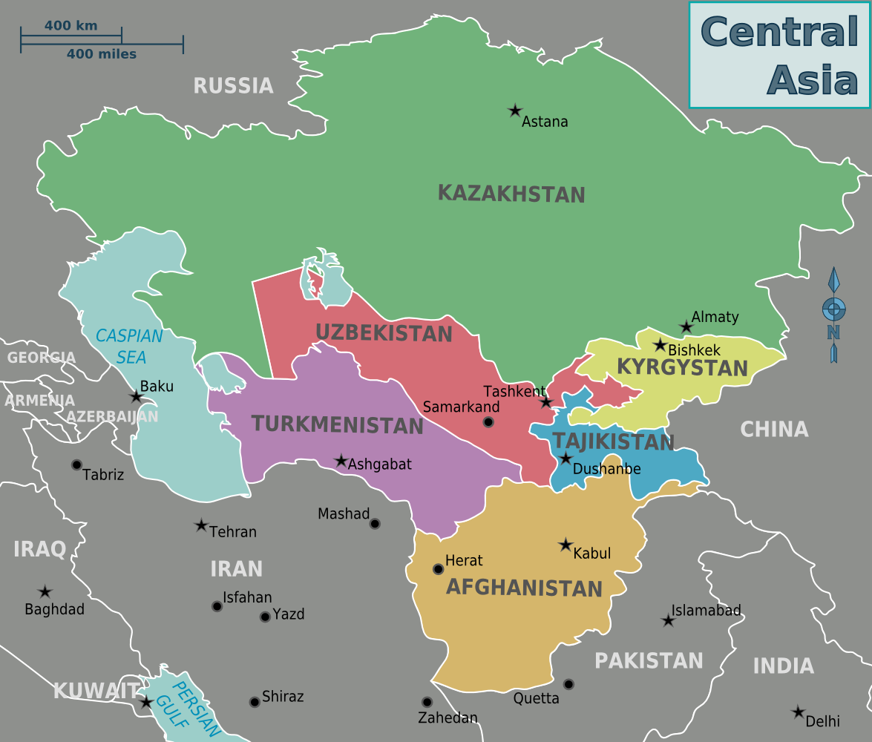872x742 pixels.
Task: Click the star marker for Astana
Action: (515, 111)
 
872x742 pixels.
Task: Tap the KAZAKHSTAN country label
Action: (511, 194)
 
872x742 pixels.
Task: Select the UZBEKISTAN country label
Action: (384, 333)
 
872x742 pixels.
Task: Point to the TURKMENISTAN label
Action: (337, 425)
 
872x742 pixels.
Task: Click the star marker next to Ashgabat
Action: (341, 461)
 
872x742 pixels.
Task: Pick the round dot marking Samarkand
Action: (488, 422)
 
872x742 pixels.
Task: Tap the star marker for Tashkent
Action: (546, 402)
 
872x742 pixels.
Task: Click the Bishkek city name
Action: (694, 349)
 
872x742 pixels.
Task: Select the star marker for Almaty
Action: (686, 327)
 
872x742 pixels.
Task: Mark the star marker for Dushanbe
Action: (566, 459)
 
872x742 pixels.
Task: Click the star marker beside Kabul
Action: (566, 545)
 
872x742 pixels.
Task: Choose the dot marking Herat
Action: (438, 569)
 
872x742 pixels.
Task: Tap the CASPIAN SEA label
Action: (130, 347)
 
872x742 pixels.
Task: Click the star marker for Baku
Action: (136, 397)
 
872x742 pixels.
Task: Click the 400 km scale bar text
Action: (71, 26)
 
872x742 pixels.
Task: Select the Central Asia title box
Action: (779, 55)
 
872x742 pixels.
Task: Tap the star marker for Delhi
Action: (799, 712)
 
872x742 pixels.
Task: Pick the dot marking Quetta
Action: (568, 684)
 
